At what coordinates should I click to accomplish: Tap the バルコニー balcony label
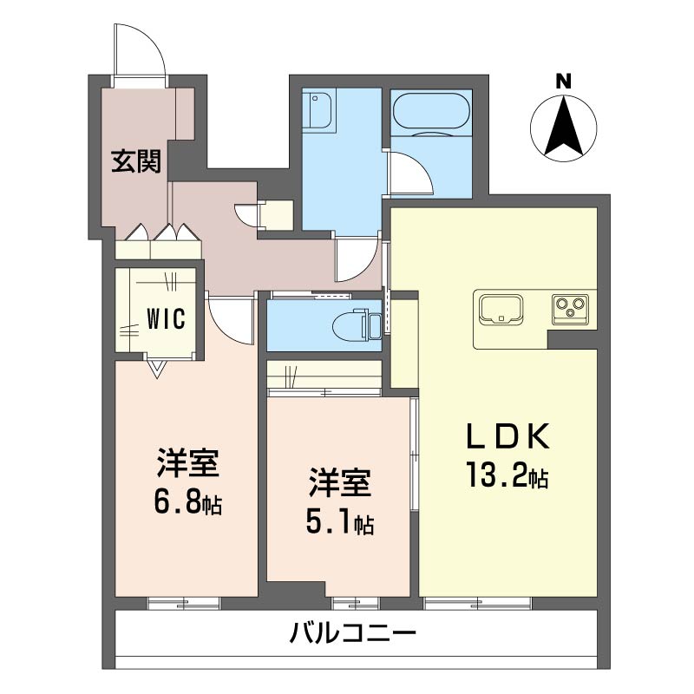[353, 634]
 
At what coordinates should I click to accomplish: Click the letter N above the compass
[564, 82]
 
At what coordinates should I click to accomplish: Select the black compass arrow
[564, 126]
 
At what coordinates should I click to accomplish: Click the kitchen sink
[499, 308]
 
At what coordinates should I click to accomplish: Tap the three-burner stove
[571, 307]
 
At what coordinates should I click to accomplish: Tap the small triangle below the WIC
[156, 370]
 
